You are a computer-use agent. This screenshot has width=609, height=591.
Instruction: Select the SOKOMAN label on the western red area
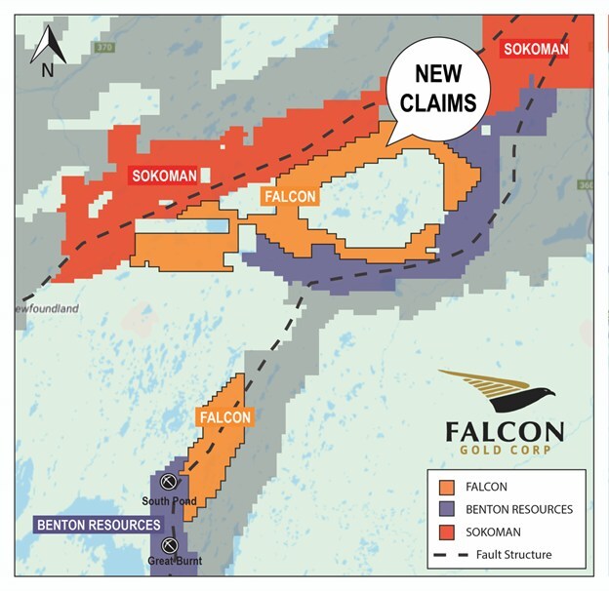[162, 176]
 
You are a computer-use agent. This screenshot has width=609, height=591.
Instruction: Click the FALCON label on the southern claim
[225, 416]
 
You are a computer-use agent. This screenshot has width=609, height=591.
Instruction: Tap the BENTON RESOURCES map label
[98, 525]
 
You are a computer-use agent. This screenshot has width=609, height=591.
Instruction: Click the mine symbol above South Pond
[168, 483]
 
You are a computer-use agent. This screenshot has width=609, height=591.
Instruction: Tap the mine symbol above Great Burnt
[169, 544]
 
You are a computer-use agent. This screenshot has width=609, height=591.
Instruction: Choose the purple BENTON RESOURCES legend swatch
[448, 509]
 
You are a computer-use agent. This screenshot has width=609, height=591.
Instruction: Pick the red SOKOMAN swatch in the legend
[448, 532]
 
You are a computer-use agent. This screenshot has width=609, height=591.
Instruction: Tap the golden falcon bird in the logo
[497, 391]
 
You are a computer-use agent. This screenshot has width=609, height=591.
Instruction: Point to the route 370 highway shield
[101, 47]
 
